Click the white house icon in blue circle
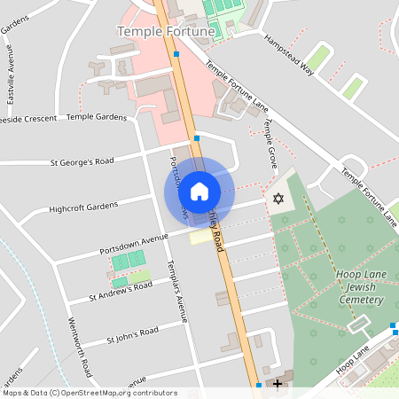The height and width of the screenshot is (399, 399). tap(199, 191)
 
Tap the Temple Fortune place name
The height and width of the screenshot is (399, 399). tap(166, 32)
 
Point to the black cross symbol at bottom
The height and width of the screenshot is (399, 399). tap(278, 384)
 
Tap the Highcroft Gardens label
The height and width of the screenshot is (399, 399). tap(84, 207)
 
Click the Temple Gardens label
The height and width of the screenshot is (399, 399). tap(97, 116)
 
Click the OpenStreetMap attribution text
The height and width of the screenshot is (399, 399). tap(90, 392)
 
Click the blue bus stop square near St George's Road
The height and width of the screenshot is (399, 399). tap(197, 138)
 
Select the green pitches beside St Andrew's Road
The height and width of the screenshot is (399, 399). tap(129, 260)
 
